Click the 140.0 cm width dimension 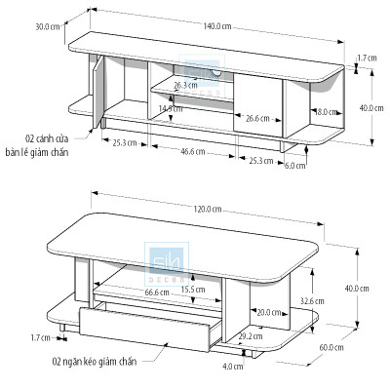[x=219, y=27]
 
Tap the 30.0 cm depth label [x=47, y=27]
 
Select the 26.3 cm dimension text [x=186, y=85]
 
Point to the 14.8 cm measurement [x=170, y=109]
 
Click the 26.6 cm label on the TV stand [x=257, y=118]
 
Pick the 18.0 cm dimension [x=326, y=112]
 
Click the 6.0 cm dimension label [x=293, y=165]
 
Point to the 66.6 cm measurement [x=158, y=291]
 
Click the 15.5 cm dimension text [x=192, y=289]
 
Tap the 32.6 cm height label [x=312, y=300]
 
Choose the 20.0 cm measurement [x=268, y=312]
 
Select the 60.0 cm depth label [x=332, y=347]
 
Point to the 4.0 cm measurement [x=233, y=367]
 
